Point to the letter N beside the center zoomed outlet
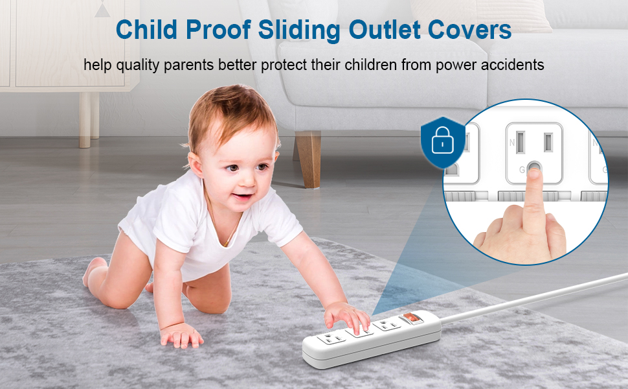tap(511, 141)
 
